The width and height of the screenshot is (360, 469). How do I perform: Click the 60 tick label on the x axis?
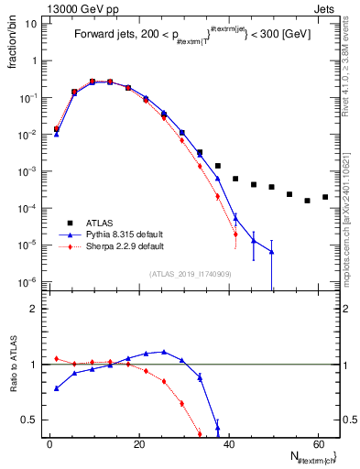[x=317, y=443]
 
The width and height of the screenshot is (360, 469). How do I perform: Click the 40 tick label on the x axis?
[x=227, y=443]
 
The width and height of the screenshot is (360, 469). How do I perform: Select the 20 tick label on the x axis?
[x=138, y=443]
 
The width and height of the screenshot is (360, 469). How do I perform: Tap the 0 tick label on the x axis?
[x=49, y=443]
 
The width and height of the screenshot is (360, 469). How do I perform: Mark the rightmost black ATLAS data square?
[x=325, y=197]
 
